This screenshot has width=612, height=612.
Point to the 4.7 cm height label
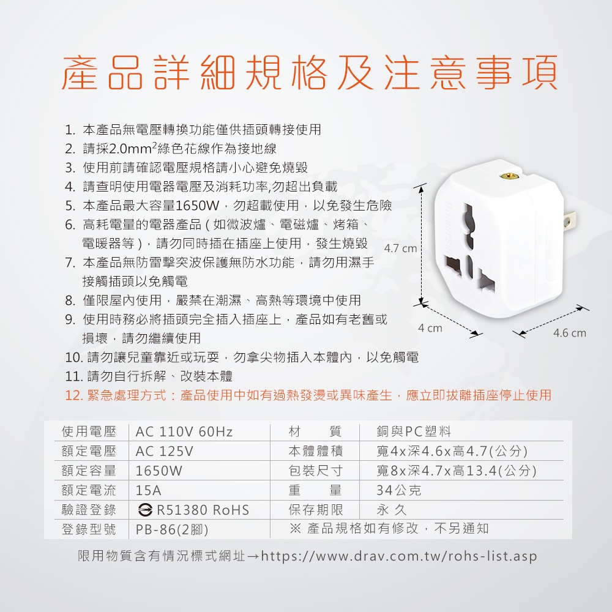(400, 248)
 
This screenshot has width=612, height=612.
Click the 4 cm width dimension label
(430, 328)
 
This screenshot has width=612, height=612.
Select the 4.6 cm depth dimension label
(569, 333)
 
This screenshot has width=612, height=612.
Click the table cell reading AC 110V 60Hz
(184, 431)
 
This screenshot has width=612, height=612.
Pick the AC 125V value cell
(164, 451)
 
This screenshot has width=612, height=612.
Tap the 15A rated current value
(148, 490)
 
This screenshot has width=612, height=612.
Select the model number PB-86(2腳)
(172, 529)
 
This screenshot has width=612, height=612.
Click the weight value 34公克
(399, 490)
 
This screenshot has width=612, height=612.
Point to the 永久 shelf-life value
(392, 509)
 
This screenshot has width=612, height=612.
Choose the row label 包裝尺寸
(315, 471)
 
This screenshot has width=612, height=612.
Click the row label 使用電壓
(89, 431)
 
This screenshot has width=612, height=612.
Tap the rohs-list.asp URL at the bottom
(399, 556)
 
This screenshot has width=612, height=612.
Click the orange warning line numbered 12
(308, 395)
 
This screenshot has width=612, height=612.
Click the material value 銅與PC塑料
(414, 431)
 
